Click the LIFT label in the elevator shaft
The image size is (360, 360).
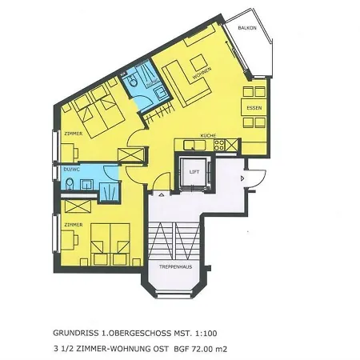[193, 172]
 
